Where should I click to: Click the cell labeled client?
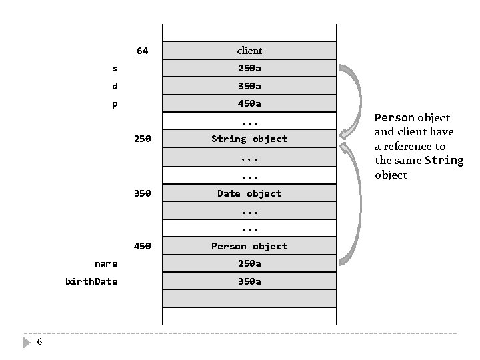249,51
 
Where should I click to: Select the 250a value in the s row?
249,68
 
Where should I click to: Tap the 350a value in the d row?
249,86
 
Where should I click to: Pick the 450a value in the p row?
249,103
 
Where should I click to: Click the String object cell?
249,139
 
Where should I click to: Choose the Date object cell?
249,193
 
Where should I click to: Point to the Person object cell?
249,246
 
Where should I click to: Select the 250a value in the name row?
249,263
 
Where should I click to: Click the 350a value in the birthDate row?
249,281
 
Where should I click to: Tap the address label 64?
143,51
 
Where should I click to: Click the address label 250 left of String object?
143,139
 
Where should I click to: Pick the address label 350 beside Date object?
143,193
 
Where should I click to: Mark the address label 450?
143,246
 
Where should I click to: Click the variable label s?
115,68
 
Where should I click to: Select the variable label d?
115,86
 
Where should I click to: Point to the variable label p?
115,104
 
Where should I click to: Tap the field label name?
106,263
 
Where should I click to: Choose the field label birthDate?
91,281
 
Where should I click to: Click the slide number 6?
39,341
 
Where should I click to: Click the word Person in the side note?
395,117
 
